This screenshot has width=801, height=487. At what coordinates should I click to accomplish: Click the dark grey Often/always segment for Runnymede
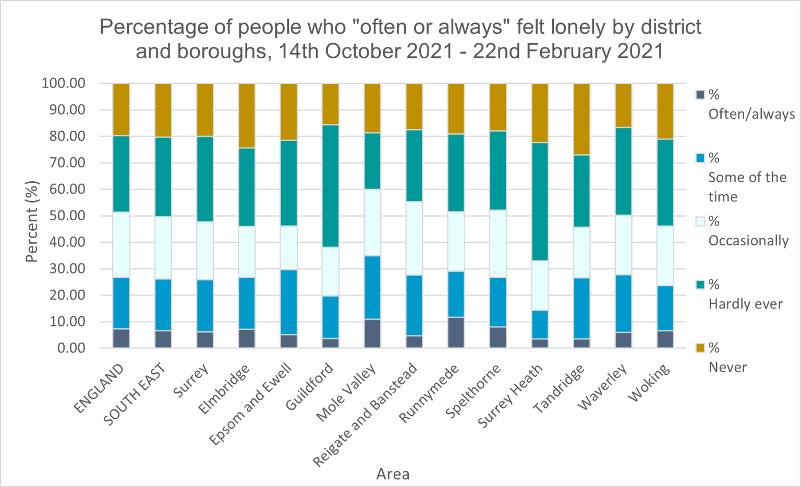(456, 332)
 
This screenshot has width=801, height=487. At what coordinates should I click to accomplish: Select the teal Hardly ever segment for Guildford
(330, 186)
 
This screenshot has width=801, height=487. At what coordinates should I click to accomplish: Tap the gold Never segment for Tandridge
(581, 119)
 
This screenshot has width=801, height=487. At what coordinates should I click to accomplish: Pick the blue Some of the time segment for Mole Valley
(372, 288)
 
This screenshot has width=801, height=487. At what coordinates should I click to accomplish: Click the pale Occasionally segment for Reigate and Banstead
(414, 238)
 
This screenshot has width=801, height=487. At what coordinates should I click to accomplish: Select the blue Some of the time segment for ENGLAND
(121, 303)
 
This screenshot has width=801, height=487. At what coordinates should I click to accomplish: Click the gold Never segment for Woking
(665, 111)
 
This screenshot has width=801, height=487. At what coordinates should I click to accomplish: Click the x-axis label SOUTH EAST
(135, 394)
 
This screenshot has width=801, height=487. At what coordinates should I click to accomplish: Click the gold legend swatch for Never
(700, 348)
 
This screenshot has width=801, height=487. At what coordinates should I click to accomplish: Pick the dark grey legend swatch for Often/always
(700, 95)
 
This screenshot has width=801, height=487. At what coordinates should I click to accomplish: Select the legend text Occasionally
(748, 241)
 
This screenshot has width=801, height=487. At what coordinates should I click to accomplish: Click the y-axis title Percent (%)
(32, 221)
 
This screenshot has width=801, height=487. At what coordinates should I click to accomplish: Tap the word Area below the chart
(393, 474)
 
